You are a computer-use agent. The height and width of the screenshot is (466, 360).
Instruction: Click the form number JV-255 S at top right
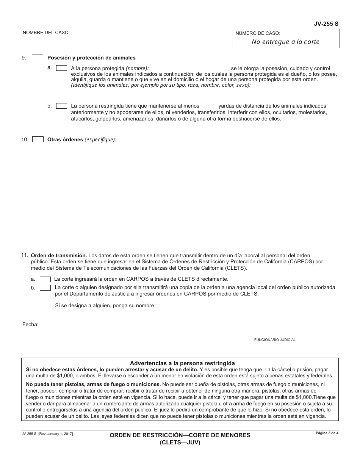click(326, 23)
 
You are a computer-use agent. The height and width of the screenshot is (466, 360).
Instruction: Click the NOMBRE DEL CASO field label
click(46, 33)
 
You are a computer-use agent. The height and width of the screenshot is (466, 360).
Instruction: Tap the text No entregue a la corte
click(285, 42)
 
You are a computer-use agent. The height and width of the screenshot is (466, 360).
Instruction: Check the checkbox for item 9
click(38, 58)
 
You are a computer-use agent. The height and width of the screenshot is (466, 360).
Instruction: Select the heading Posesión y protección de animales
click(91, 58)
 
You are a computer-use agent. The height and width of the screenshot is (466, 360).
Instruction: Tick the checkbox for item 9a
click(61, 68)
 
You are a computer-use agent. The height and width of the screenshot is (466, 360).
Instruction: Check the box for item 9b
click(61, 106)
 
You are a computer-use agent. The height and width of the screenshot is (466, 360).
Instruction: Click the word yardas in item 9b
click(226, 106)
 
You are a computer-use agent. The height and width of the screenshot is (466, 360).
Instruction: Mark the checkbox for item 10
click(38, 139)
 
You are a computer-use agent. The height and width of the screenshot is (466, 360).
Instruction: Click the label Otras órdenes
click(65, 139)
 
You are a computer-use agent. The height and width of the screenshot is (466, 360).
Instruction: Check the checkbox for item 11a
click(45, 279)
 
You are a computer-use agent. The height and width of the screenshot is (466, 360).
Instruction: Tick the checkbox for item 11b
click(45, 288)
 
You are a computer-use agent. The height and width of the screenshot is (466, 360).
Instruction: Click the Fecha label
click(30, 325)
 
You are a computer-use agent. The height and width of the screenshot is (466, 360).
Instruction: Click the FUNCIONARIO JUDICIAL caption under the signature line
click(275, 340)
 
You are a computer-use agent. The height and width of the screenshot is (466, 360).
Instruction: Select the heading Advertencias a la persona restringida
click(182, 363)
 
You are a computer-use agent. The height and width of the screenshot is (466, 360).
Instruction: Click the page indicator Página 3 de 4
click(327, 433)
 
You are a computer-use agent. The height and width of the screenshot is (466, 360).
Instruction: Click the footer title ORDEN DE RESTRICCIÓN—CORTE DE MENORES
click(180, 435)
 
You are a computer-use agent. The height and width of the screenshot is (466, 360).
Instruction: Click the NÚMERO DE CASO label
click(258, 33)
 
